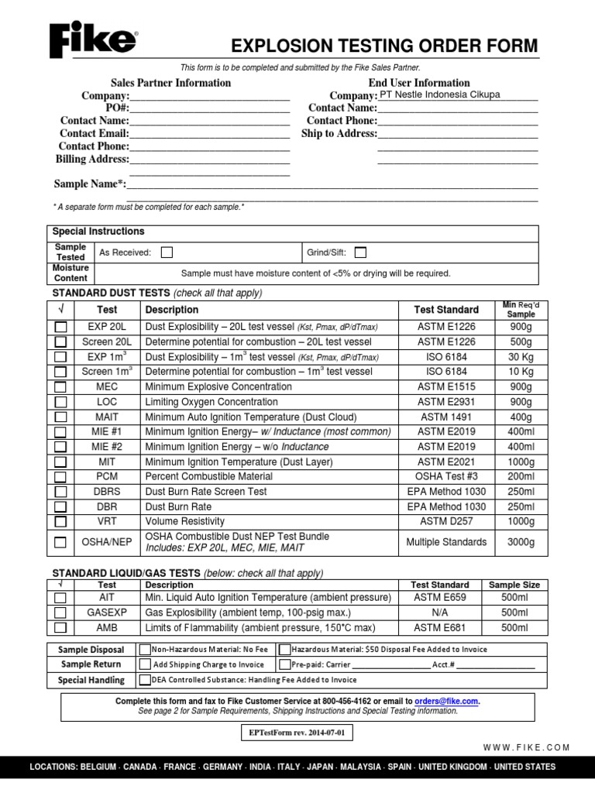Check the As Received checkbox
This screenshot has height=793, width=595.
pos(167,252)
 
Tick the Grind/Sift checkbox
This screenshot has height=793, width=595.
pos(360,252)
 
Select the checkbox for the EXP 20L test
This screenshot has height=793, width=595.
pos(60,327)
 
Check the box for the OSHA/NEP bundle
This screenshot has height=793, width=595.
pos(60,542)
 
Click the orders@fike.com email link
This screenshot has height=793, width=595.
pos(446,701)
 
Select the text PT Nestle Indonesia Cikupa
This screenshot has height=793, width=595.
pos(439,94)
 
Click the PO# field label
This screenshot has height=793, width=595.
pos(117,108)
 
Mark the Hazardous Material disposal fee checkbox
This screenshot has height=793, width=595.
pos(285,650)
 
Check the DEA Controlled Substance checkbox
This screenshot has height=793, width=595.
pos(145,680)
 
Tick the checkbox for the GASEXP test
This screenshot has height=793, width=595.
pos(60,613)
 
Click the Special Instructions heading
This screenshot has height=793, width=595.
pos(98,232)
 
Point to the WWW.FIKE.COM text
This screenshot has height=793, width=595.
pos(526,747)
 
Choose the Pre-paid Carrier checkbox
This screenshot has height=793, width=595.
pos(285,664)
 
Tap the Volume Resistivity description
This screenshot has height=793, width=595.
pos(184,521)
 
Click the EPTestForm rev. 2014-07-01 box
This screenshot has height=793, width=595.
pos(297,731)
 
